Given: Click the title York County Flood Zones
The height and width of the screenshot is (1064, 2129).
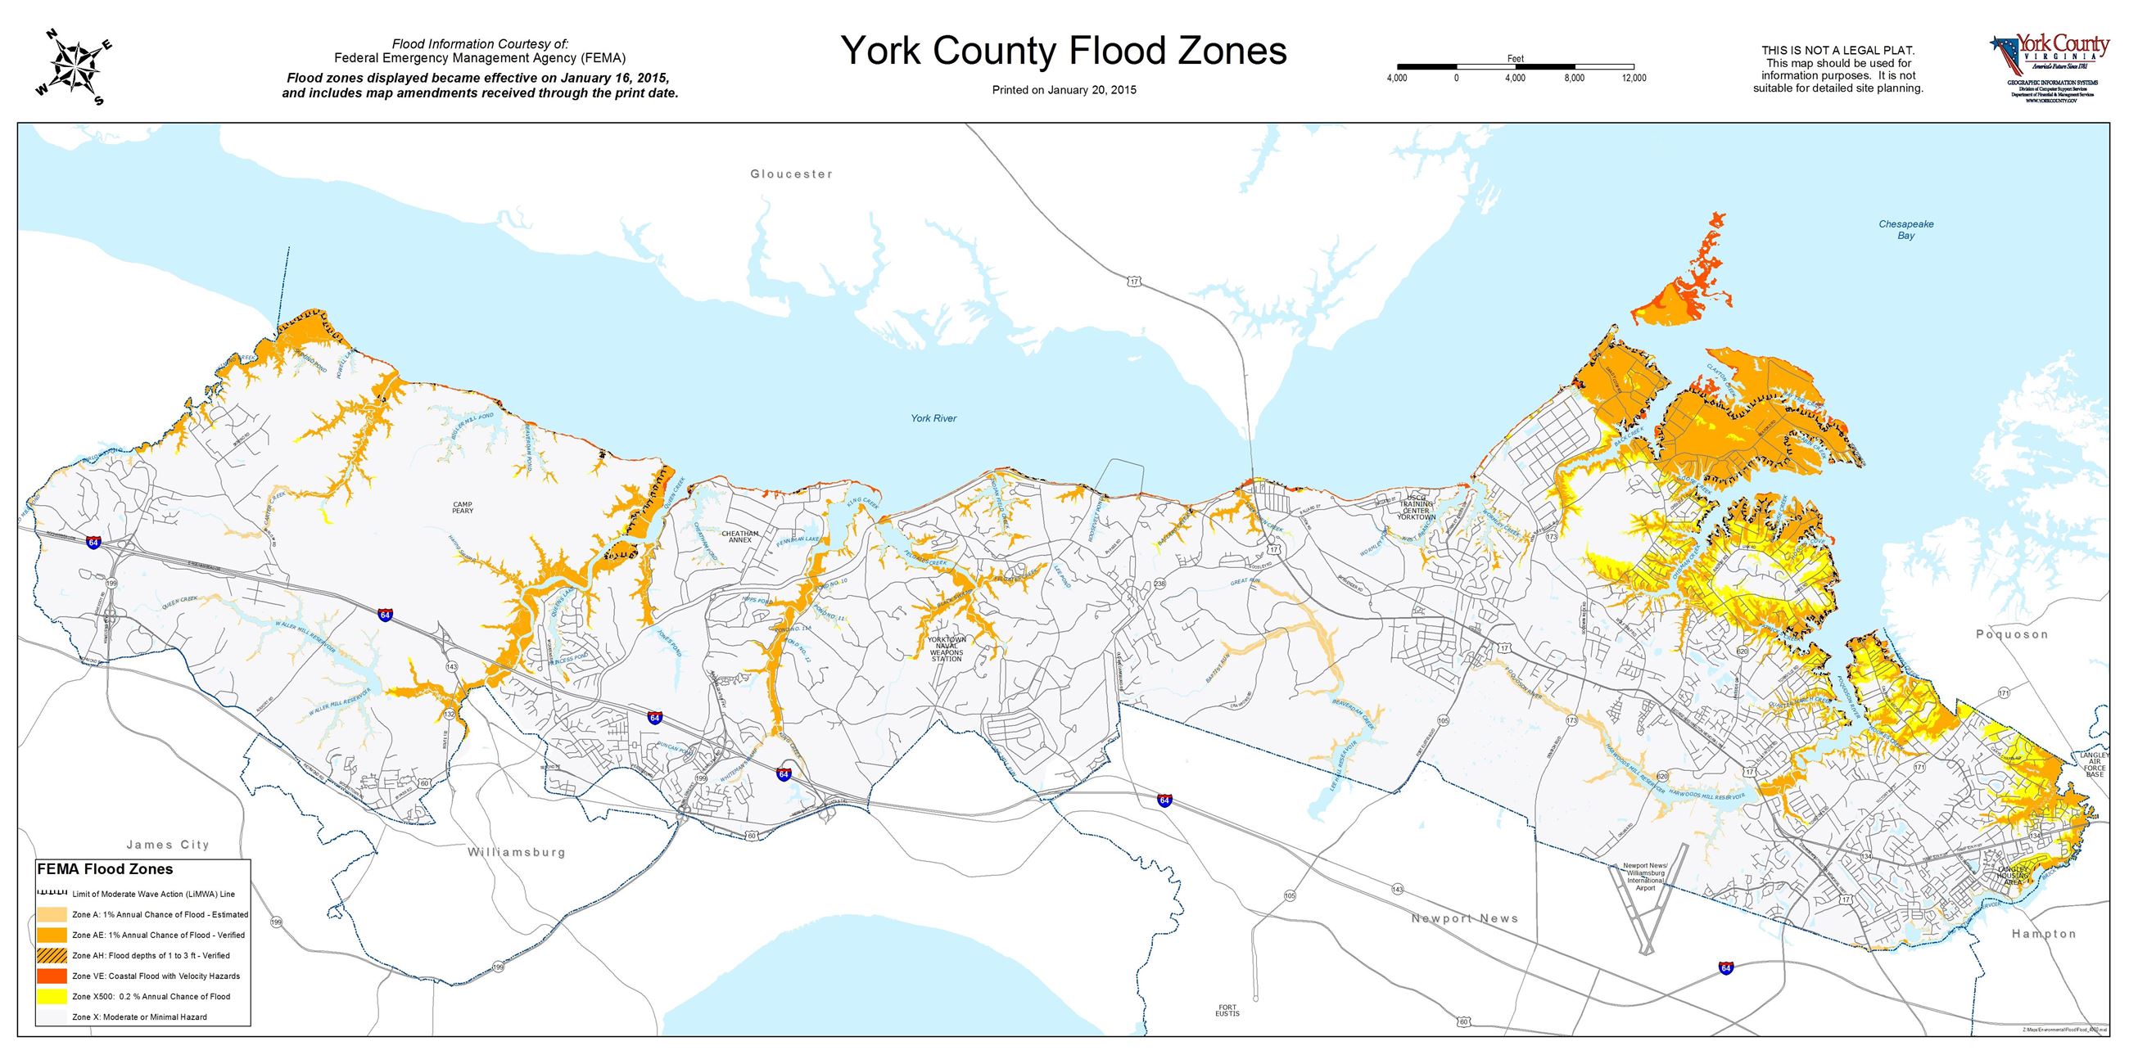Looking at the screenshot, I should point(1064,51).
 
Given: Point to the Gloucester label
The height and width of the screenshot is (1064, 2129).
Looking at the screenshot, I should point(791,174).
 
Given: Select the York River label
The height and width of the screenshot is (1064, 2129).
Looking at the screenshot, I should point(933,419).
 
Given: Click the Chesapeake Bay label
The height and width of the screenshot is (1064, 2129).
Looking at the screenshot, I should point(1905,230).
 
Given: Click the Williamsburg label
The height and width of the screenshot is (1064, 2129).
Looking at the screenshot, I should point(516,852).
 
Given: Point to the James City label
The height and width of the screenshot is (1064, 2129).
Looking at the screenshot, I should point(168,845).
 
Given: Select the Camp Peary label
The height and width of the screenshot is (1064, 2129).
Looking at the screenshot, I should point(463,507).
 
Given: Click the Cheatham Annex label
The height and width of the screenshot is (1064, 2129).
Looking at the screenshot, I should point(739,537).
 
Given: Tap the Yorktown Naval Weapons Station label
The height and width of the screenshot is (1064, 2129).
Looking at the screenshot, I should point(947,649).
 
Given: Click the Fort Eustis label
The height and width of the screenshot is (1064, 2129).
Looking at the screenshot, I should point(1227,1009).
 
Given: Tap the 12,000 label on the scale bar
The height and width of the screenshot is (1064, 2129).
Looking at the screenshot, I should point(1634,79).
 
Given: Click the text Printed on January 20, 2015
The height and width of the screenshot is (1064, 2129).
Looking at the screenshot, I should point(1064,90).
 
